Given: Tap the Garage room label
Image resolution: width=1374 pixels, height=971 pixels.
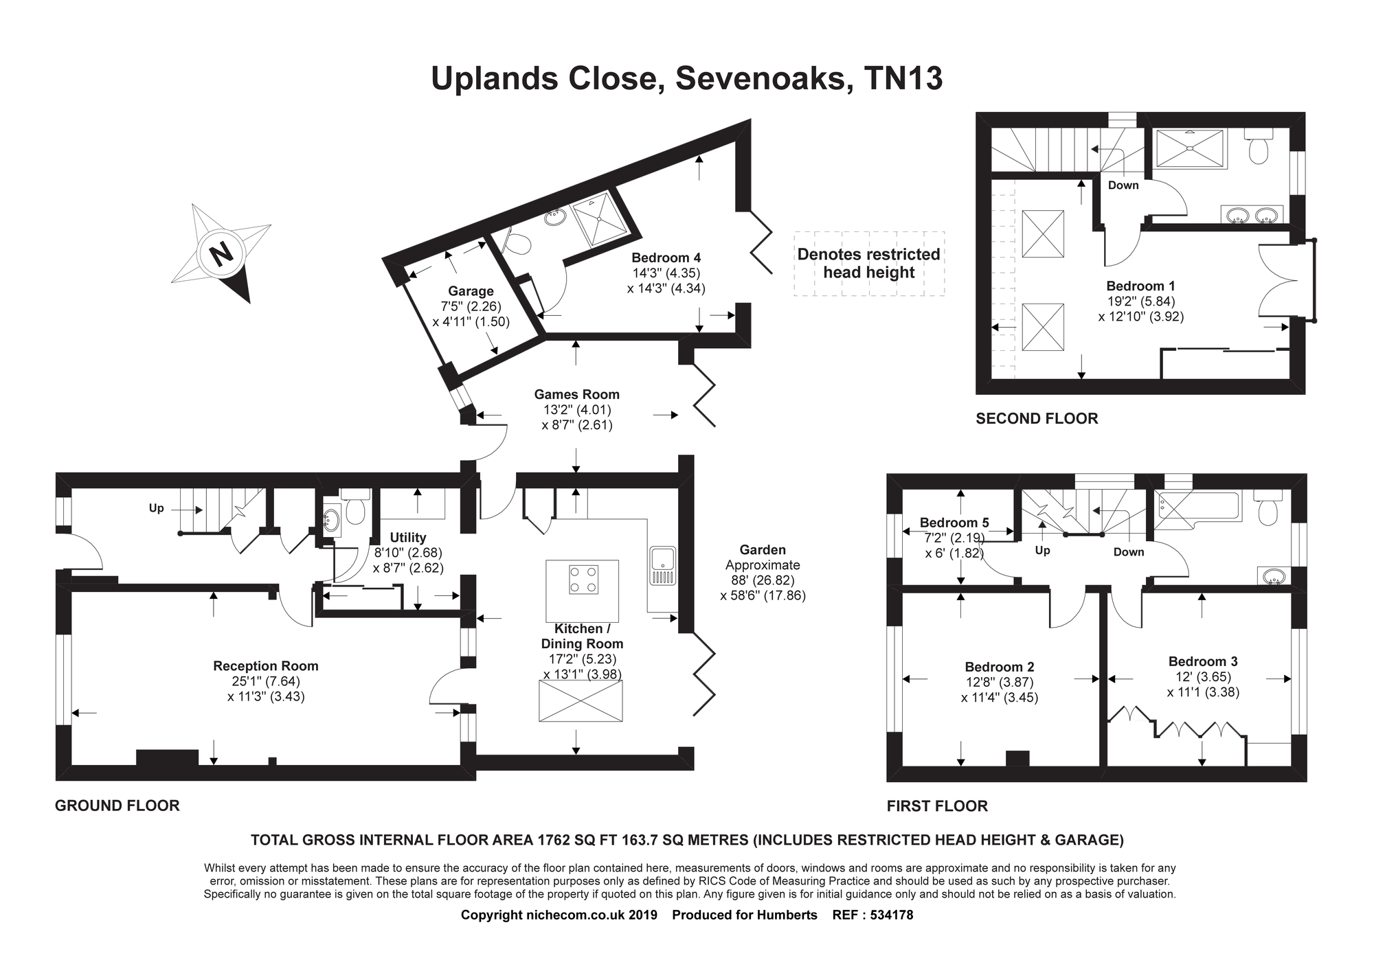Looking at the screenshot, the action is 471,291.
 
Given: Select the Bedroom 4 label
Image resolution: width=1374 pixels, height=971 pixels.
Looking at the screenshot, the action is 666,258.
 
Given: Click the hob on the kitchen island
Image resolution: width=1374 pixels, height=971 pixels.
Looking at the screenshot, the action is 583,579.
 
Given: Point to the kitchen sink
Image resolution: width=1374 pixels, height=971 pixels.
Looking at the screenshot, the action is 662,566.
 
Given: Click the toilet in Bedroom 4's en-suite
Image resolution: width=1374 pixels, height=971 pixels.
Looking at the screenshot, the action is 517,241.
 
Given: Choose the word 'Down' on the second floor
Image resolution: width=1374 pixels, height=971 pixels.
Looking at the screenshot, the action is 1123,185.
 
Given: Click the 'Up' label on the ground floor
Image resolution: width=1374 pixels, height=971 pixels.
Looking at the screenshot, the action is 157,509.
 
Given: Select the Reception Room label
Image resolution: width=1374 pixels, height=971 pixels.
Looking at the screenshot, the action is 266,666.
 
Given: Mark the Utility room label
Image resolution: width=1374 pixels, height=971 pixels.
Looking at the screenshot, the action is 408,538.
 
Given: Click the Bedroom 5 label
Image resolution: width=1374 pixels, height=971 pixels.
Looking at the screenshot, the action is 955,523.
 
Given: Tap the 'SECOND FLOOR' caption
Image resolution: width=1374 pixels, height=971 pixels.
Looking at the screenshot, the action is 1037,418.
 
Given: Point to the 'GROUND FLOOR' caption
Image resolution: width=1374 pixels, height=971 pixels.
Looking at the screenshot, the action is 117,806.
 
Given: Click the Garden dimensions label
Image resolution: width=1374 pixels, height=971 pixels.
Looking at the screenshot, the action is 763,573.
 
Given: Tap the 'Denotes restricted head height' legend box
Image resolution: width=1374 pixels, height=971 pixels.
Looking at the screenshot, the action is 869,264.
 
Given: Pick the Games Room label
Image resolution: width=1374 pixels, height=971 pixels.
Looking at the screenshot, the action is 577,395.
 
